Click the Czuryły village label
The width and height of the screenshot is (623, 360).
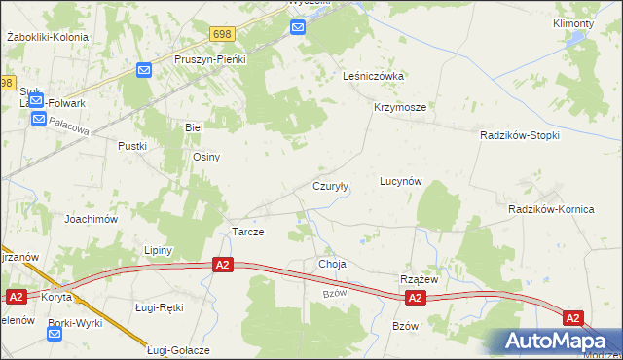click(x=330, y=186)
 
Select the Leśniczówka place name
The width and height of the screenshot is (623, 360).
click(x=373, y=76)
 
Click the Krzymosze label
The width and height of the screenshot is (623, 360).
click(x=399, y=108)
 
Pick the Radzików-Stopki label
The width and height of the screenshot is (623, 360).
click(x=519, y=136)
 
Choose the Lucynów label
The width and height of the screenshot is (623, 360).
click(x=400, y=181)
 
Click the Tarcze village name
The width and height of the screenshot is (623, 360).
click(x=247, y=233)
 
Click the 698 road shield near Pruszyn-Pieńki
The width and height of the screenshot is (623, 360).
click(x=222, y=34)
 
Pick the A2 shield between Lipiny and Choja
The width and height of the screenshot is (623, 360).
click(x=223, y=265)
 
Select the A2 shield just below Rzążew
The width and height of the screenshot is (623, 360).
click(x=416, y=298)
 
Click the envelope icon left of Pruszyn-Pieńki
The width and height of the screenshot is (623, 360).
click(x=144, y=70)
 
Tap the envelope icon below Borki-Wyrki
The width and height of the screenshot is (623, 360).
click(x=54, y=334)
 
